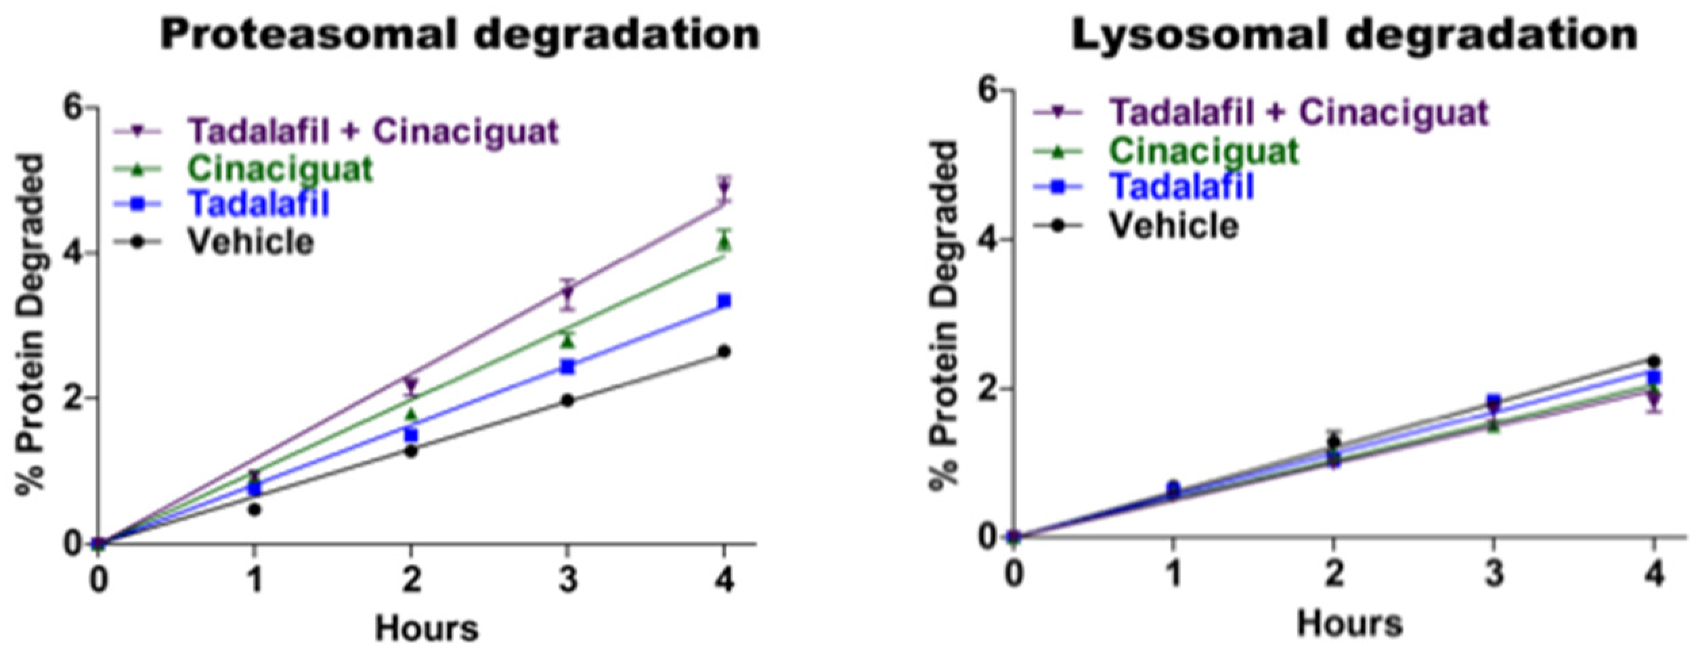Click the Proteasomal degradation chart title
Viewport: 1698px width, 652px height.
coord(460,34)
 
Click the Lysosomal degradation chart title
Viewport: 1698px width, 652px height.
coord(1353,34)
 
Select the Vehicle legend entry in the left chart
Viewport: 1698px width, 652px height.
coord(250,241)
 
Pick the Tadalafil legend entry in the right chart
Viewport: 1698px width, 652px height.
coord(1181,186)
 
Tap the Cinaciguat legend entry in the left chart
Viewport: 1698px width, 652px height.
coord(280,169)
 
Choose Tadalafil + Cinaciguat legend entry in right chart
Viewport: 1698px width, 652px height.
coord(1299,112)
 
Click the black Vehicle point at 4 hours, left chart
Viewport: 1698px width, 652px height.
coord(724,352)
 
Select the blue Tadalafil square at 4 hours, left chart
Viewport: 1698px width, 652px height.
coord(724,301)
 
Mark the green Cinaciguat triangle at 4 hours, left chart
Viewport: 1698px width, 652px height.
coord(724,242)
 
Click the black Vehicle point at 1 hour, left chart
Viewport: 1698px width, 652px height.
coord(255,509)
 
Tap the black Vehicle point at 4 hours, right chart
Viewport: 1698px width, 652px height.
coord(1654,361)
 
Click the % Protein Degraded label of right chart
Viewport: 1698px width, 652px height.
coord(942,315)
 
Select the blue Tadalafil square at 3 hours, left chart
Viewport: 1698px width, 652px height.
coord(568,367)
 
